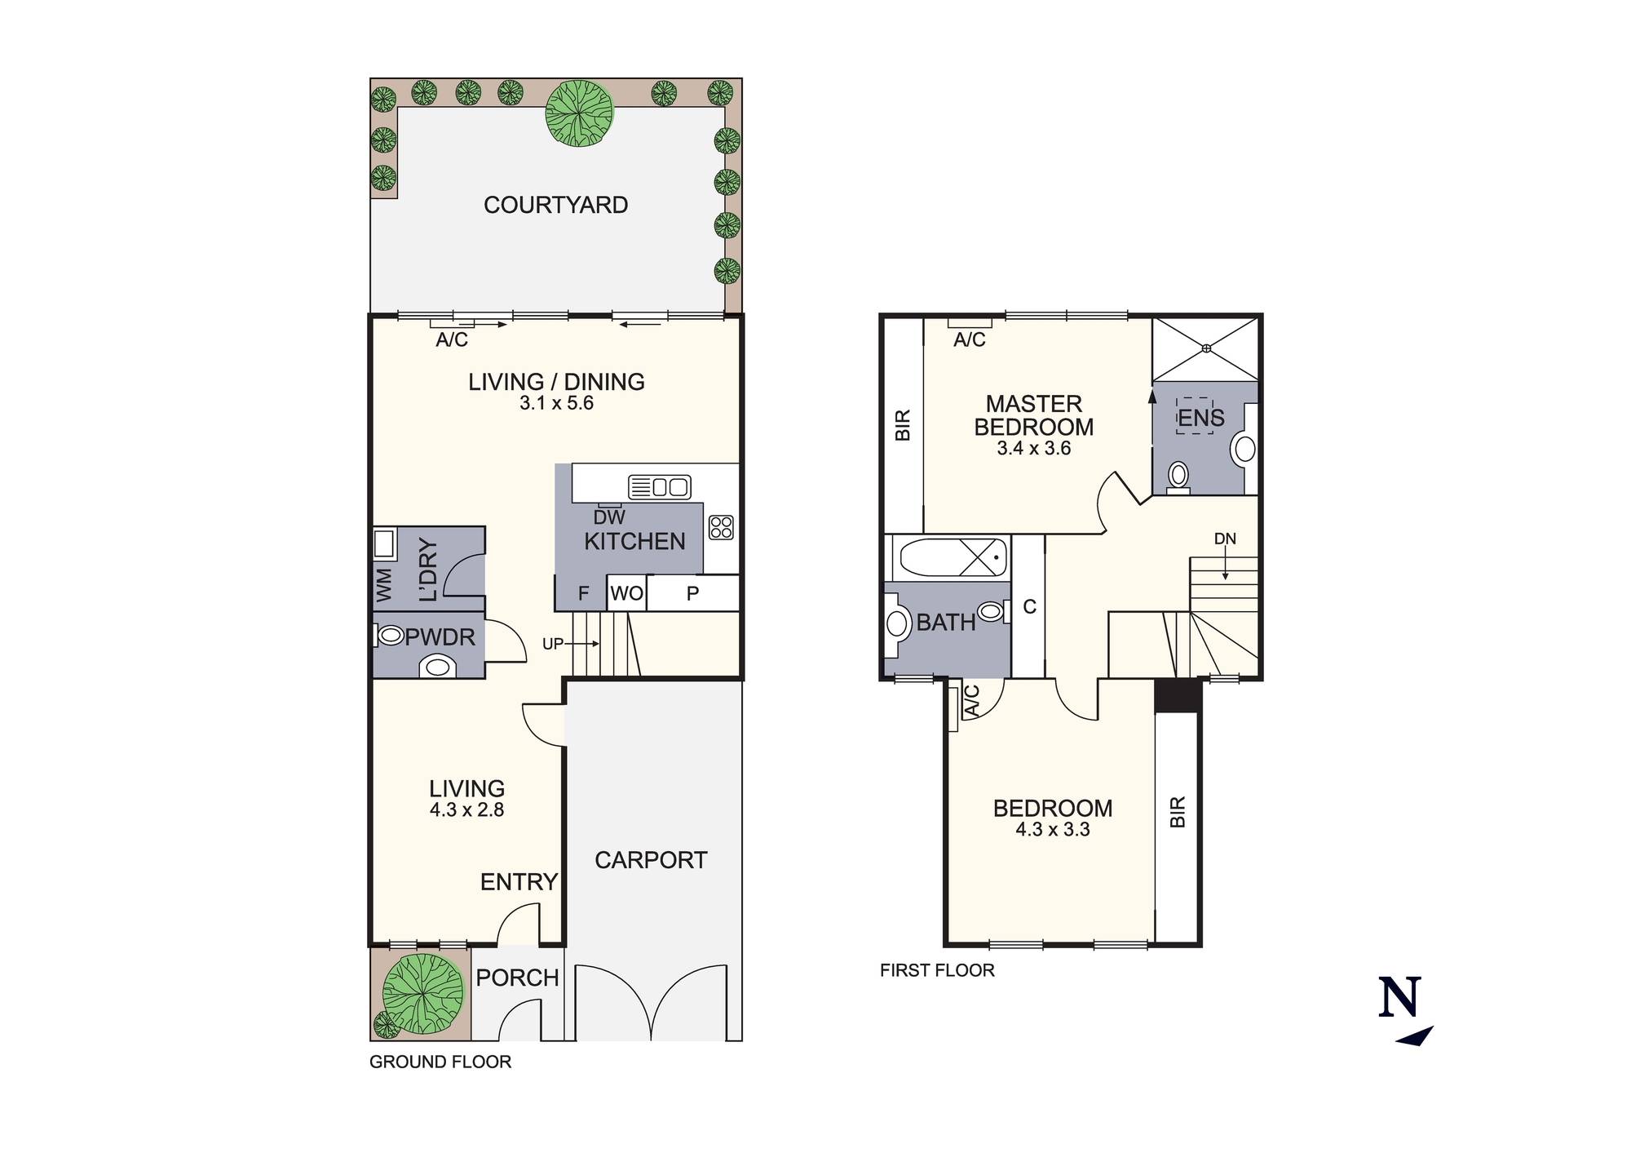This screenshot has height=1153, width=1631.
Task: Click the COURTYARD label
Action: click(555, 205)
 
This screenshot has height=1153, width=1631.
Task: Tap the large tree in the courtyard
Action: click(580, 113)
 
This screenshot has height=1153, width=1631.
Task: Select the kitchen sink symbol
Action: click(660, 487)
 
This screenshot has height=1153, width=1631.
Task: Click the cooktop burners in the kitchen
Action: click(721, 527)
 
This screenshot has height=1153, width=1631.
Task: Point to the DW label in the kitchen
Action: click(609, 517)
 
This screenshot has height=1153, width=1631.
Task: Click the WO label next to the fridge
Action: click(626, 594)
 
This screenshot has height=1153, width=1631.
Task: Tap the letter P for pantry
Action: click(692, 594)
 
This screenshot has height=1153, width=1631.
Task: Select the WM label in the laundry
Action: click(384, 584)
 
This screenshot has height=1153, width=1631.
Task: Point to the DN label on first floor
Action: click(1225, 539)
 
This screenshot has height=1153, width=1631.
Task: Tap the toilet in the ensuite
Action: click(1178, 477)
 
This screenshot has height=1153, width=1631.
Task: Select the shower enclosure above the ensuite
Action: click(1206, 348)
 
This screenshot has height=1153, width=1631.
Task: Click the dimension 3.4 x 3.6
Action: click(1033, 448)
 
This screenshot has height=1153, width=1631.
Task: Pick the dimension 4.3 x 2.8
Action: click(466, 810)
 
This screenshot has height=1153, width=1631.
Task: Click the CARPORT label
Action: click(651, 860)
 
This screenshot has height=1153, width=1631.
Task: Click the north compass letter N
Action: click(1399, 997)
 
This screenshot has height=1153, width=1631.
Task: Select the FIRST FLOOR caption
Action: click(937, 970)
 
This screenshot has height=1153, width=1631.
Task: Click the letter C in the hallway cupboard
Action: click(1029, 607)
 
